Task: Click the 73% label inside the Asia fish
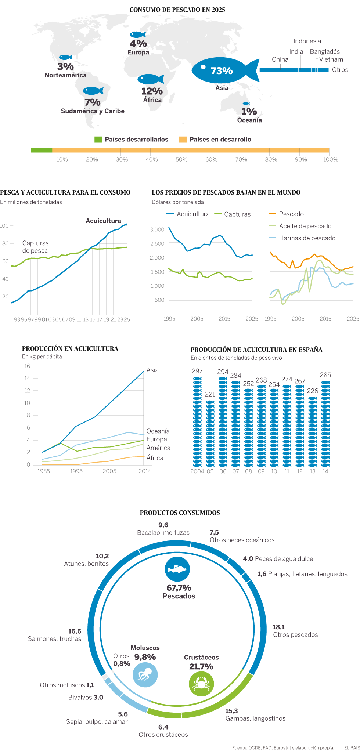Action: (x=222, y=70)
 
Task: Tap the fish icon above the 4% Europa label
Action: (x=138, y=35)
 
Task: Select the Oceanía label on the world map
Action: (x=249, y=120)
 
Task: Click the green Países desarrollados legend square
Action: (x=98, y=140)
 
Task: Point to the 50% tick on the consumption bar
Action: (x=181, y=159)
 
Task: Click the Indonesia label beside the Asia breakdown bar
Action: (x=307, y=41)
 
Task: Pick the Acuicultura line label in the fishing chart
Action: (x=103, y=221)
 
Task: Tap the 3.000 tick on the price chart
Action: (x=157, y=229)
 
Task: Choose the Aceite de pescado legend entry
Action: (x=305, y=226)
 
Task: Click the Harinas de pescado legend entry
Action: (x=307, y=238)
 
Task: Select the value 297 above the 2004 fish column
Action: (x=197, y=371)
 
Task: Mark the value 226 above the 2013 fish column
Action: (x=313, y=391)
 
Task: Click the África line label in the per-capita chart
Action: (x=155, y=458)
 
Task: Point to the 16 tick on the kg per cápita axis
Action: (x=27, y=366)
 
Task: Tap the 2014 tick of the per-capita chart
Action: (x=145, y=471)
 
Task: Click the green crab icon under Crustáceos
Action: (x=201, y=684)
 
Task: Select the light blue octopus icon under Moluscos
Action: (x=145, y=675)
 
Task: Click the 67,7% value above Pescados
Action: (x=179, y=588)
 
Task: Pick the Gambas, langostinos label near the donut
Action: (x=255, y=718)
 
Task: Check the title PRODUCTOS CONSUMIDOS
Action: (x=180, y=513)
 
